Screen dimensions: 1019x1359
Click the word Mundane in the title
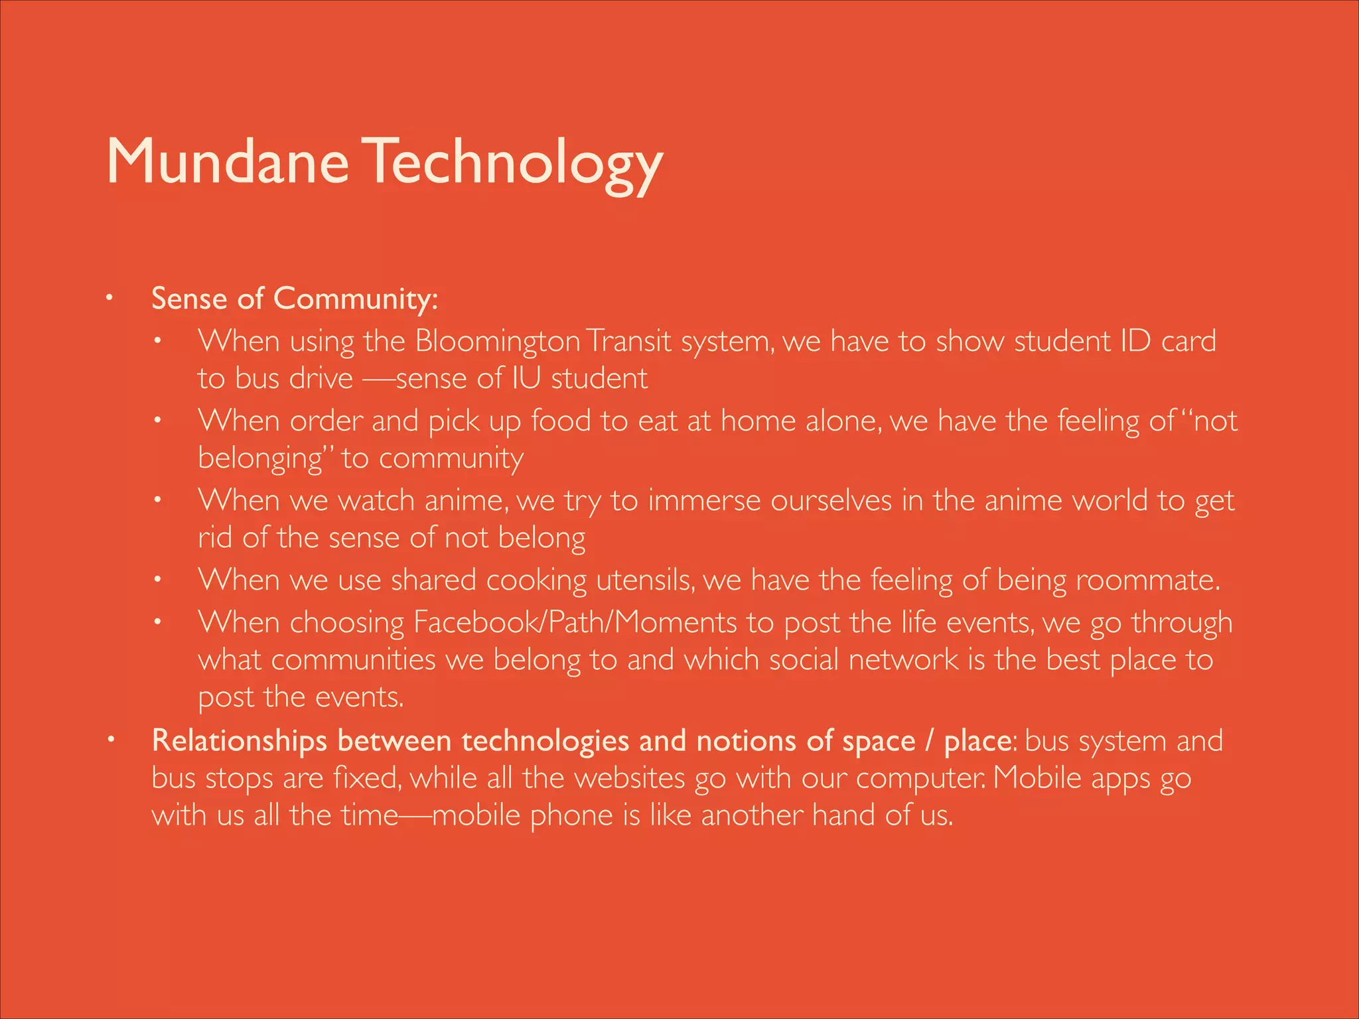(x=227, y=163)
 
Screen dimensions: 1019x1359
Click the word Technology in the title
(x=515, y=163)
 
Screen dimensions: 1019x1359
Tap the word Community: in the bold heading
(x=356, y=299)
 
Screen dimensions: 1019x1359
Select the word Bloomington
(x=498, y=341)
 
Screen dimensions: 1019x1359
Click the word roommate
(x=1147, y=580)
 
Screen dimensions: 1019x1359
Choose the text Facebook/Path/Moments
(x=575, y=622)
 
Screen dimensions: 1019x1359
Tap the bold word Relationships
(x=240, y=741)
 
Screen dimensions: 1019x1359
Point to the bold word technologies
(x=545, y=741)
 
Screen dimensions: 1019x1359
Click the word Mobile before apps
(x=1037, y=778)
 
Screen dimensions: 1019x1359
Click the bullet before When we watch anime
(x=157, y=500)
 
